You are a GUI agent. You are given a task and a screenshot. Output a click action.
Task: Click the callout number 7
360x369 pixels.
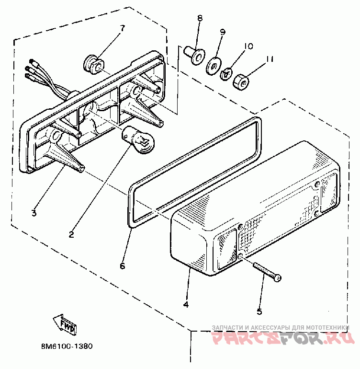[x=122, y=28]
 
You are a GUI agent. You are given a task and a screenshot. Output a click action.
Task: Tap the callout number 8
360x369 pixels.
[x=200, y=18]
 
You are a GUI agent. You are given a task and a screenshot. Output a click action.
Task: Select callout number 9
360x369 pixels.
[x=223, y=32]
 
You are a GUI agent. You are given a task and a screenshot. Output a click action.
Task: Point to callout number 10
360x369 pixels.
[x=248, y=46]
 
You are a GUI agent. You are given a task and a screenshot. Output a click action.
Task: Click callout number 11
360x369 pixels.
[x=270, y=59]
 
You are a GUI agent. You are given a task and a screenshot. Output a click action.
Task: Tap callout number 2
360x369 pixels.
[x=71, y=234]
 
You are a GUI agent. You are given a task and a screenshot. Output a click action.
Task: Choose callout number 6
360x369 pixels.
[x=122, y=265]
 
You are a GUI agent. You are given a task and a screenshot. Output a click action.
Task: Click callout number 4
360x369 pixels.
[x=186, y=304]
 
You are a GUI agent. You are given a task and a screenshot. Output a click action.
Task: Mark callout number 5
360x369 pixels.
[x=259, y=311]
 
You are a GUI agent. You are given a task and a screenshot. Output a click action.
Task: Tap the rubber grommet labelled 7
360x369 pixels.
[x=91, y=62]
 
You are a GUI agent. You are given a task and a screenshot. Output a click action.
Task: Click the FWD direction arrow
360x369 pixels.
[x=65, y=324]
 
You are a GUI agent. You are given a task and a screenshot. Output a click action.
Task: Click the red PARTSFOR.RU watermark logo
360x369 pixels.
[x=282, y=340]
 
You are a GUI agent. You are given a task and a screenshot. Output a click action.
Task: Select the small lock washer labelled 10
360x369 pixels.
[x=226, y=74]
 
